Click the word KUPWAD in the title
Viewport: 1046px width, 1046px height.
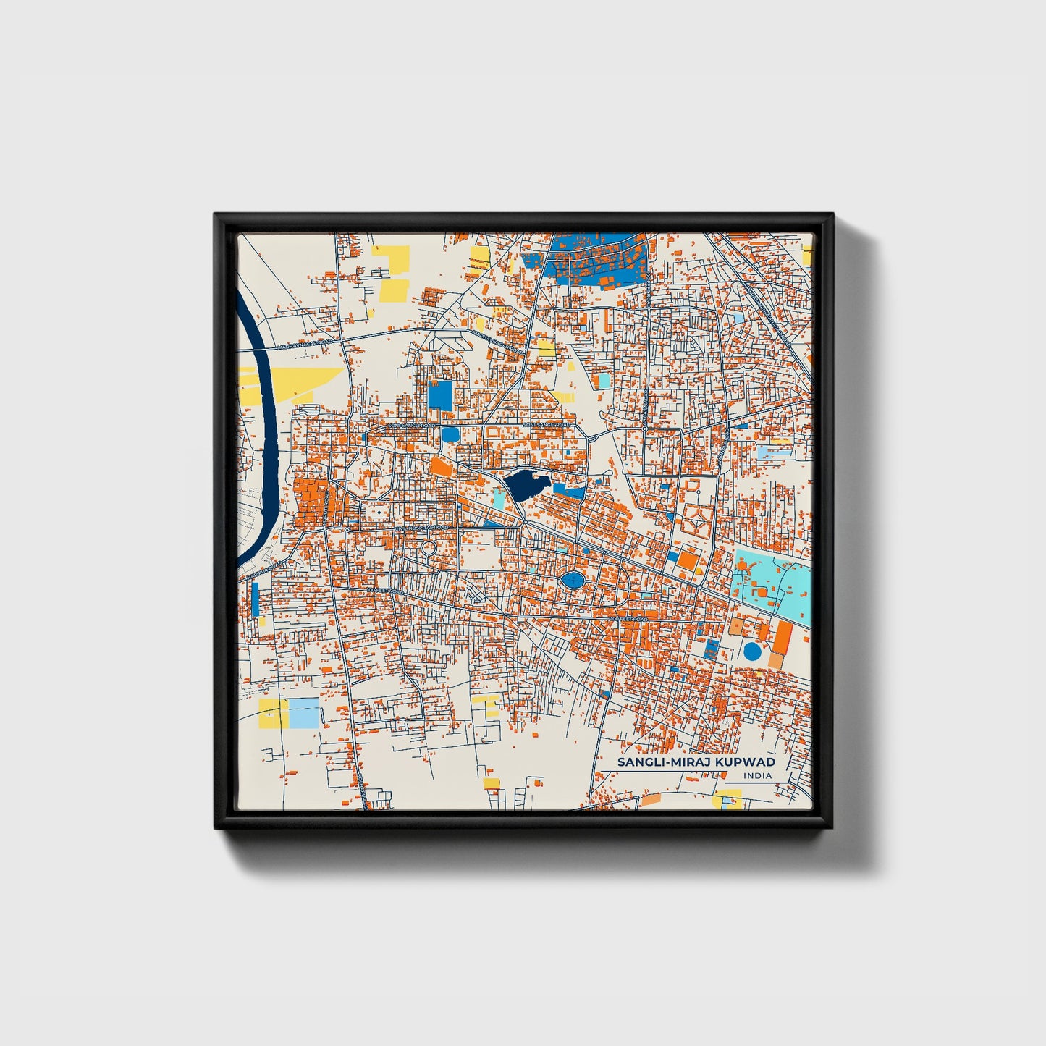746,762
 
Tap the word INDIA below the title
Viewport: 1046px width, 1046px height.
757,776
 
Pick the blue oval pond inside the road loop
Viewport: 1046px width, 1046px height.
572,580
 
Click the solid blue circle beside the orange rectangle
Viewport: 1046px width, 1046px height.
753,651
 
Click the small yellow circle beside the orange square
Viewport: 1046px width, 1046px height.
698,570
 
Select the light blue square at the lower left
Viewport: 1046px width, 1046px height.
304,713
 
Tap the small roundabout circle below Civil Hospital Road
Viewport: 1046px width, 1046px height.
429,548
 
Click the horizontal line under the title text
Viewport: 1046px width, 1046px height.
688,770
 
